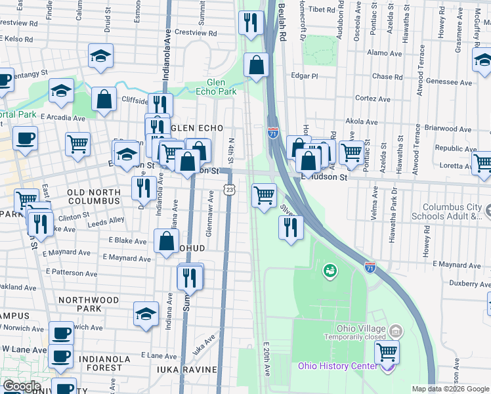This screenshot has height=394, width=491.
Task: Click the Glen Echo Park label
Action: pos(216,87)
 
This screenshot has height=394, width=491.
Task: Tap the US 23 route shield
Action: pos(229,189)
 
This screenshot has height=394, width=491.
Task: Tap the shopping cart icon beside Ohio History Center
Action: pos(387,353)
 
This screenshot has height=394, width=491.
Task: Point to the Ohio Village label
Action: pos(360,328)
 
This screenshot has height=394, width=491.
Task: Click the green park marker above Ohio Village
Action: pos(330,270)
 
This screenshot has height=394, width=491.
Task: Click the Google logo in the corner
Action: pos(22,386)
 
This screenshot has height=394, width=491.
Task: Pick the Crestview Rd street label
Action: pos(196,32)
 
